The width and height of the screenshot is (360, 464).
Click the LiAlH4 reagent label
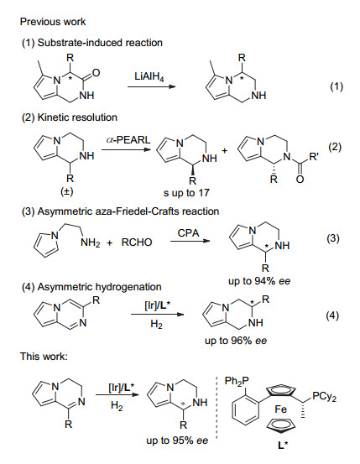149,76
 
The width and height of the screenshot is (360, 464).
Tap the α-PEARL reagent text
128,139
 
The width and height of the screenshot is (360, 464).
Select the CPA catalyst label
188,233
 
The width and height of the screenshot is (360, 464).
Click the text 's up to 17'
186,193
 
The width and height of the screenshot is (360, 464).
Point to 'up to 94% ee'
259,281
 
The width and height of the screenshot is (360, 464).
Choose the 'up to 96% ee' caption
236,341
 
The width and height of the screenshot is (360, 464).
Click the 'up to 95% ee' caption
177,441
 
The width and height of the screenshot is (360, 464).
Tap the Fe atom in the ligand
280,409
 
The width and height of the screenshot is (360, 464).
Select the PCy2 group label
324,397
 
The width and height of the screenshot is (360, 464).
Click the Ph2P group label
237,382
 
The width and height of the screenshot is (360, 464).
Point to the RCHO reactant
137,242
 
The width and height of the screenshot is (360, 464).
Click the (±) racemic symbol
66,192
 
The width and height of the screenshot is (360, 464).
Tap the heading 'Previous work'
53,22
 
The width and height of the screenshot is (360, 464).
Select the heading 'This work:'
44,357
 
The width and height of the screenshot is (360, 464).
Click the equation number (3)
333,238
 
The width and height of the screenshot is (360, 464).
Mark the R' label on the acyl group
314,157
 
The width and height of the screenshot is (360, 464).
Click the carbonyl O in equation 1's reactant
96,73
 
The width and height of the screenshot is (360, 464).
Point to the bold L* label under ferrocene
283,445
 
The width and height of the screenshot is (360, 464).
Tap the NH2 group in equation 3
90,243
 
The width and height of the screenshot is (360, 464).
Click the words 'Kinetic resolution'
77,117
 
